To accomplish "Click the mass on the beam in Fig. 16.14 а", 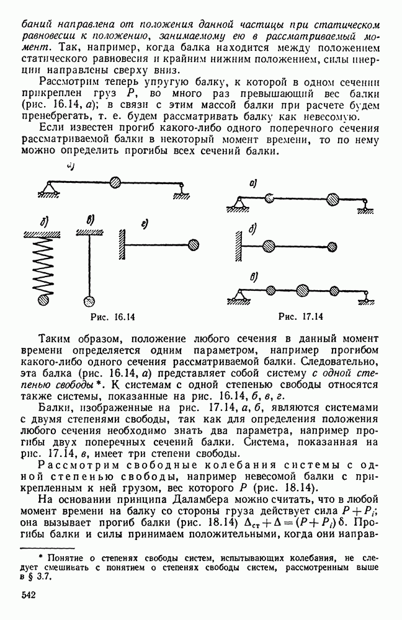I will pos(115,182).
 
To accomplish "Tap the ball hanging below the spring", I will pos(43,301).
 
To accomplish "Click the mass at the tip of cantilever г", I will pos(194,244).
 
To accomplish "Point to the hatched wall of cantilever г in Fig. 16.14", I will pos(121,244).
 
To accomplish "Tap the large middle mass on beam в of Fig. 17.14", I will pos(302,290).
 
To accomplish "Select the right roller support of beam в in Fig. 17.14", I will pos(367,297).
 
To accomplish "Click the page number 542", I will pos(30,595).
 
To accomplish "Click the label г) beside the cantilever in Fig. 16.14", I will pos(143,224).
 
